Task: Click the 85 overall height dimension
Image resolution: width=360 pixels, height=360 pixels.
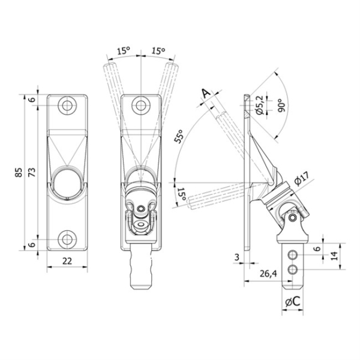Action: point(19,172)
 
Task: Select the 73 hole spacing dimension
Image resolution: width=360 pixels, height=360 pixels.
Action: point(32,172)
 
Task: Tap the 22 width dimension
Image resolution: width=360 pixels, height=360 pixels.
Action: point(67,261)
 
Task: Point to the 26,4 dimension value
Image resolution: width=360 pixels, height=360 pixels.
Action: point(268,274)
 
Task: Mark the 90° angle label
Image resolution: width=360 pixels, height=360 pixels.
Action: point(281,106)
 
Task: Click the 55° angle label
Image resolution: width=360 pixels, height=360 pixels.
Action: point(179,136)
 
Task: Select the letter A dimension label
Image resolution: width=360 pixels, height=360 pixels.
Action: point(206,93)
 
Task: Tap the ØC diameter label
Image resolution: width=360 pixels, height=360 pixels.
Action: point(293,301)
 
